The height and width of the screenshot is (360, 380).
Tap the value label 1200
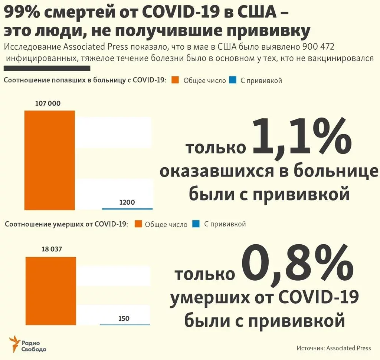pos(127,202)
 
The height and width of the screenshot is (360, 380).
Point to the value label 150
pos(124,318)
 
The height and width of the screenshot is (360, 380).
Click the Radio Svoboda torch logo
pos(15,344)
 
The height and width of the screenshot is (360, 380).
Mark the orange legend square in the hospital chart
pos(176,80)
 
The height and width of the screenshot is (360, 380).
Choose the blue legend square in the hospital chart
pos(232,80)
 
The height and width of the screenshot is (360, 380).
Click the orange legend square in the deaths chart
pos(138,224)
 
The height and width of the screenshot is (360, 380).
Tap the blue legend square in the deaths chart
pos(196,224)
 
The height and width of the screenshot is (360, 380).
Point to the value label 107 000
pos(47,103)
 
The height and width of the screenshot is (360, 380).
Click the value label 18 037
pos(51,249)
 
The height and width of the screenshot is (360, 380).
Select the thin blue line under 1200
pos(127,209)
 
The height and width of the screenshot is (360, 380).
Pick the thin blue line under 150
pos(125,325)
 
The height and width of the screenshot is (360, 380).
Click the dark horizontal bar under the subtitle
pos(47,68)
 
